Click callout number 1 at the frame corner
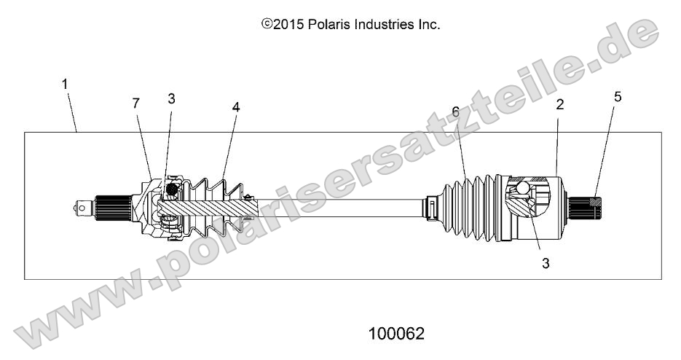coord(66,85)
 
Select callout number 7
coord(135,104)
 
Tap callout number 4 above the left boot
coord(171,100)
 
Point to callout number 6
coord(236,106)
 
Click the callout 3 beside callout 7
coord(171,100)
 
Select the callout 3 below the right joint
coord(545,262)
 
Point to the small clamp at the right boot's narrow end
coord(432,206)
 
